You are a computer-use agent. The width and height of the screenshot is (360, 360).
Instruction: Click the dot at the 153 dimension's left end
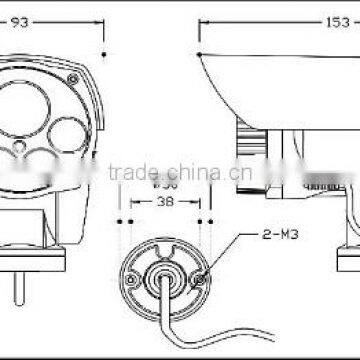(x=200, y=53)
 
